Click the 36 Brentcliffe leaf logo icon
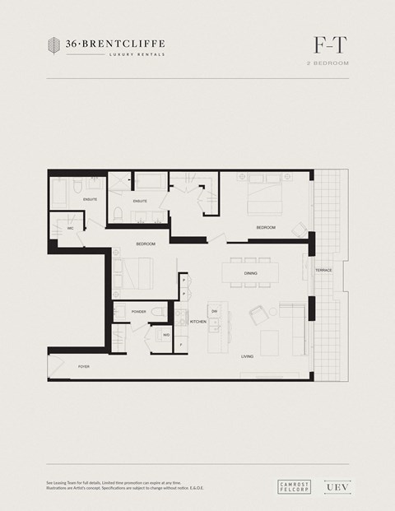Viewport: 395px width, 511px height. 54,46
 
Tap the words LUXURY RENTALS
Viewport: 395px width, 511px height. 137,55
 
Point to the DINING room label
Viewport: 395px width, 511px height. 251,272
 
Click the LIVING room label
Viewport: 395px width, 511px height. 247,356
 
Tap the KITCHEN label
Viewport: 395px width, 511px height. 198,321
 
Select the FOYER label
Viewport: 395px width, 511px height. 83,365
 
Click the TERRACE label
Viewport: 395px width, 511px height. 323,270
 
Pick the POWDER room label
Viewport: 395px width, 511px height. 138,312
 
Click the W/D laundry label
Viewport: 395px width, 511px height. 165,335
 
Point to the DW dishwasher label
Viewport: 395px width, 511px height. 214,311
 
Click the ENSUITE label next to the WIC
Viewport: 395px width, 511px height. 90,200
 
